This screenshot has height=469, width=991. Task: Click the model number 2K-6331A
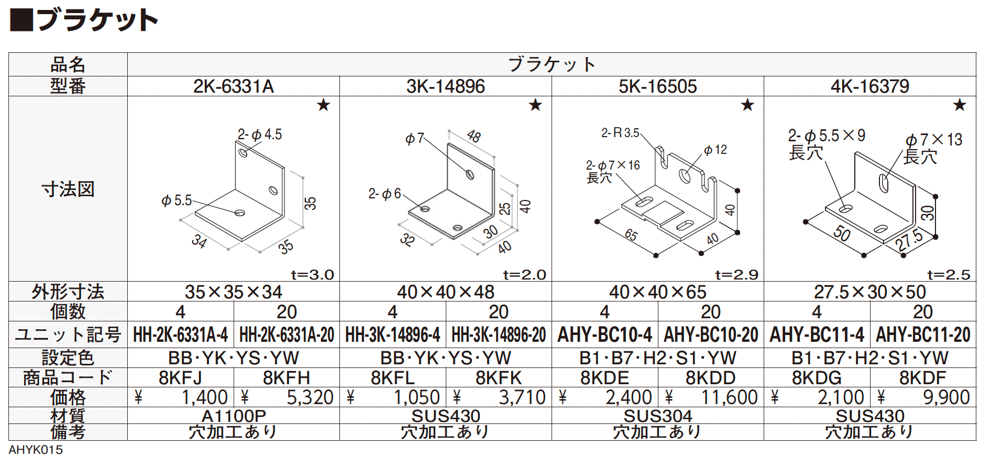coord(234,86)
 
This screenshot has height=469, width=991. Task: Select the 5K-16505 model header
coord(658,86)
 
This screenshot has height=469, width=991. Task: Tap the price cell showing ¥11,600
coord(711,397)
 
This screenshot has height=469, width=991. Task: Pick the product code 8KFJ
coord(180,377)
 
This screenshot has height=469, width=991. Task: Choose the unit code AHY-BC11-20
coord(923,334)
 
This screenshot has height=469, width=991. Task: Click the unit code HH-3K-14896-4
coord(392,334)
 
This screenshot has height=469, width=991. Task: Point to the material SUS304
coord(658,416)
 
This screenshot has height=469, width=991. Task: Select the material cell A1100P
coord(234,416)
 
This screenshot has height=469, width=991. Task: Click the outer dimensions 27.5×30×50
coord(870,292)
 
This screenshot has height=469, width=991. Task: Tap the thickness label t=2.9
coord(736,275)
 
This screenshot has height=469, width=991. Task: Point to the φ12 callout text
coord(715,150)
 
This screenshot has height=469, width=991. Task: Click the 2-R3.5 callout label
coord(620,133)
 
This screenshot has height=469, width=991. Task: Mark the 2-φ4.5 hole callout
coord(260,135)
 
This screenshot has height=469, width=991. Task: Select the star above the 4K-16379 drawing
coord(960,105)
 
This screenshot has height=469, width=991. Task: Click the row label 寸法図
coord(68,189)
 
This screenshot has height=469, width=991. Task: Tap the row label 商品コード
coord(68,377)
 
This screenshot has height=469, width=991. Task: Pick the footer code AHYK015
coord(36,450)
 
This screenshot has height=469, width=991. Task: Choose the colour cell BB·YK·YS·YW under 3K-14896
coord(446,358)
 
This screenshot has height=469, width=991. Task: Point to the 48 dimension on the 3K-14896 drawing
coord(474,136)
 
